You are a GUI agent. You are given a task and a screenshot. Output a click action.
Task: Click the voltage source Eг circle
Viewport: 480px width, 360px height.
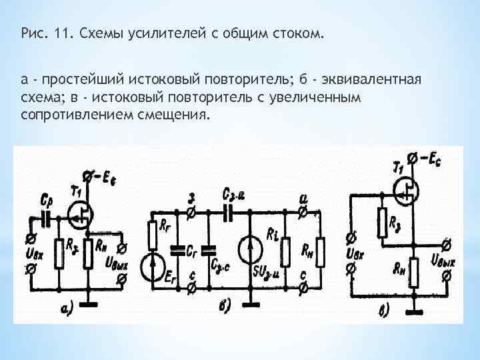[x=153, y=264]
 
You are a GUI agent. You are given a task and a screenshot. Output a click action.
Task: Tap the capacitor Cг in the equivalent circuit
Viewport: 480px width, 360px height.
[x=179, y=251]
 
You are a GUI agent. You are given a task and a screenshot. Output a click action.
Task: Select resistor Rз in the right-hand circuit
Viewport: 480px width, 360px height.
[x=382, y=223]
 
